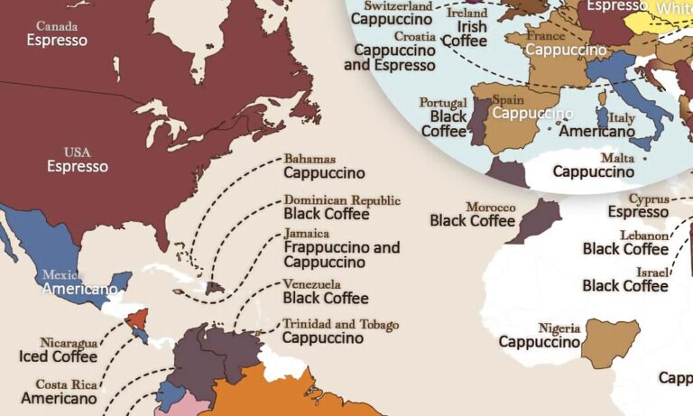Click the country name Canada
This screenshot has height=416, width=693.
point(57,25)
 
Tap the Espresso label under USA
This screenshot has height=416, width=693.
point(78,166)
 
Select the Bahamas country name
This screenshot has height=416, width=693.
point(310,158)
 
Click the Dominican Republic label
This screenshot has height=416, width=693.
point(342,199)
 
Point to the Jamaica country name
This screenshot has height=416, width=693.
point(307,233)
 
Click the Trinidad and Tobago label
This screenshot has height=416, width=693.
point(340,324)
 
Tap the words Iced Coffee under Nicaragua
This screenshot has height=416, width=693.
point(58,356)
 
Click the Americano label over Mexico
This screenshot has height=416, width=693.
point(80,290)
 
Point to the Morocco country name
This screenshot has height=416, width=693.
point(490,207)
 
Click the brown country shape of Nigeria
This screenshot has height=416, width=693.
point(611,340)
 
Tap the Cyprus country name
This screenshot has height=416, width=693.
point(647,198)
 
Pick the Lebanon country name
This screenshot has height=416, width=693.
point(643,235)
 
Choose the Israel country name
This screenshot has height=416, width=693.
point(651,272)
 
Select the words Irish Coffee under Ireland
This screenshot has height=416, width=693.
point(465,33)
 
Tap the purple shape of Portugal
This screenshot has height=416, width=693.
point(478,117)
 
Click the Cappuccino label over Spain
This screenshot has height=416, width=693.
point(532,114)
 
